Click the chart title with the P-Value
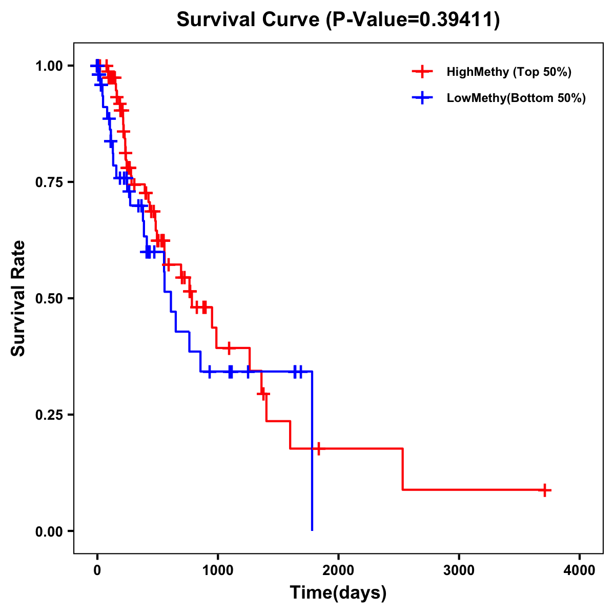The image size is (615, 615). (x=338, y=20)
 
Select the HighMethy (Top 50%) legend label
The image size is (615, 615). (x=509, y=72)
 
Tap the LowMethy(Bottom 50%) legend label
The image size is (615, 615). (x=516, y=98)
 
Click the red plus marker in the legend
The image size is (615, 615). (x=422, y=72)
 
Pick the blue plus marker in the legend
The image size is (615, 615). (x=422, y=98)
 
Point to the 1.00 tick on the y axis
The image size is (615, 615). (x=49, y=66)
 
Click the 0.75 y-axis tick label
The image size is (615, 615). (x=49, y=182)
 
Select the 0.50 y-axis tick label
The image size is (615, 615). (x=49, y=298)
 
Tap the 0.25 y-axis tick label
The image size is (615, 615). (x=49, y=415)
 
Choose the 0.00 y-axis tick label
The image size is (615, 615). (x=49, y=531)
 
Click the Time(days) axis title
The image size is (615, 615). (x=338, y=593)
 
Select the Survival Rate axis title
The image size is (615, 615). (x=18, y=298)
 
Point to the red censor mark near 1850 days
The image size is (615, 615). (x=318, y=448)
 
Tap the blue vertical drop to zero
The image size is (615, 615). (x=312, y=451)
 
